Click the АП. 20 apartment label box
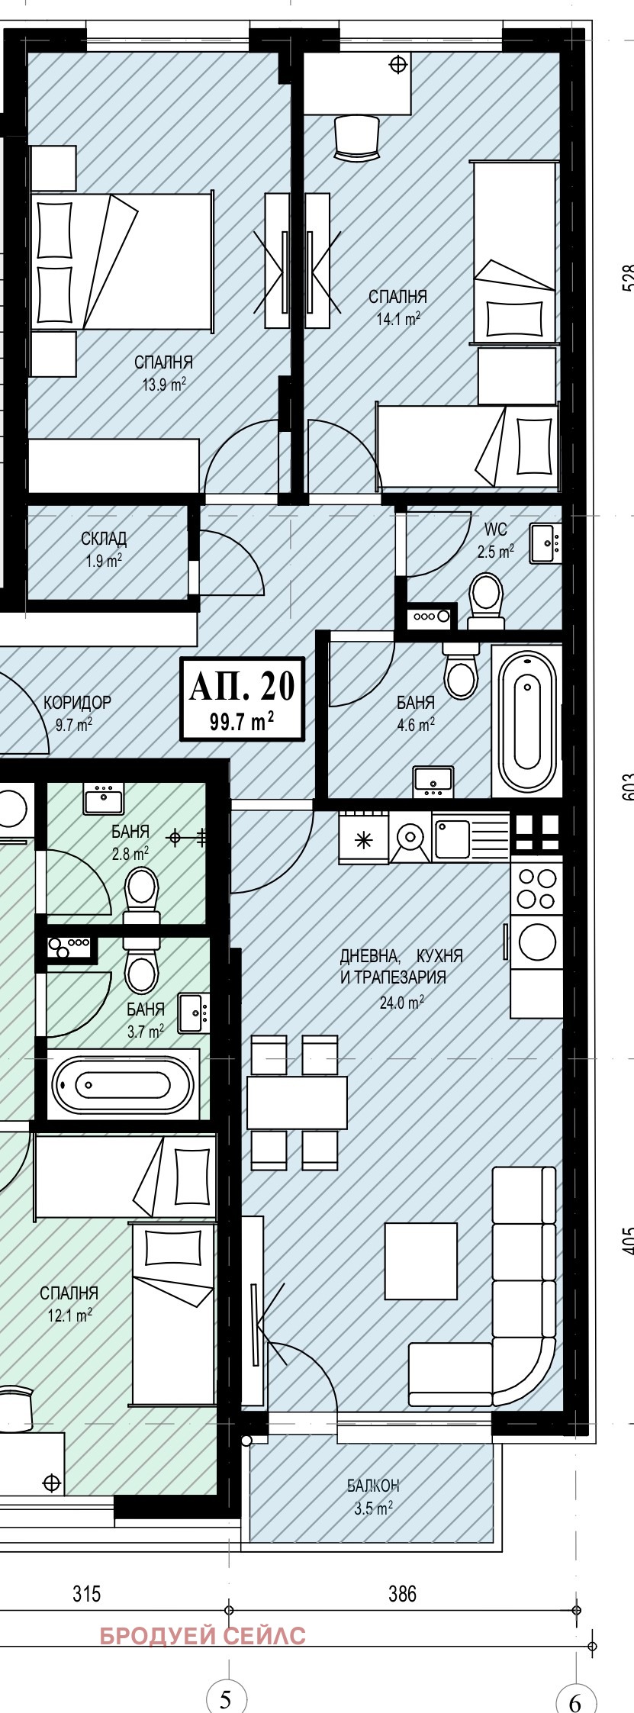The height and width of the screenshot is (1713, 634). pos(242,699)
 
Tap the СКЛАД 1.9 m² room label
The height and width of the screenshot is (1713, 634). pos(104,549)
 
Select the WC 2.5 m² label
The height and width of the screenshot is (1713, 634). pos(495,540)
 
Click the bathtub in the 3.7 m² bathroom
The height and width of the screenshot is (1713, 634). pos(123,1084)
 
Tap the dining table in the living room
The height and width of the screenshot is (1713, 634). pos(297,1102)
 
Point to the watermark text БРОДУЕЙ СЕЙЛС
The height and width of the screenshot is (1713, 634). pos(203,1636)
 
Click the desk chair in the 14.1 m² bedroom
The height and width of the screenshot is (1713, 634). pos(356,137)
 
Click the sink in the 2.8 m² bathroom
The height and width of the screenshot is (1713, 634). pos(103,800)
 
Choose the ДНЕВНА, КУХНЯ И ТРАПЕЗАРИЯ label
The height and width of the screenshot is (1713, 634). pos(401,966)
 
